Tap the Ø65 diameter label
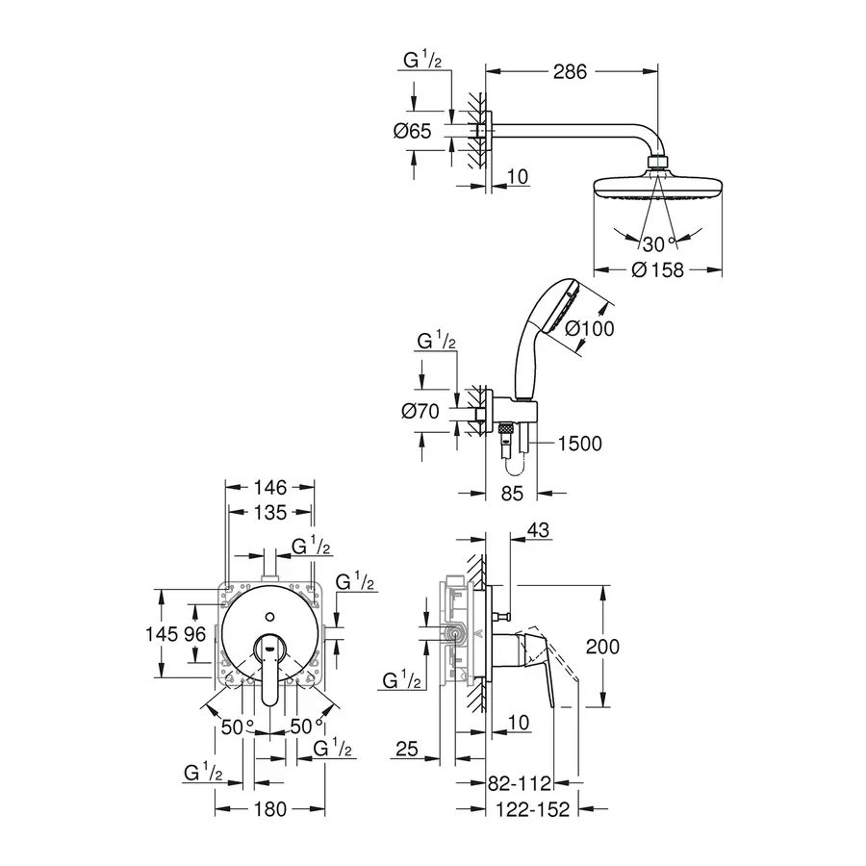(x=412, y=132)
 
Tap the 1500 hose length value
(x=578, y=444)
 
